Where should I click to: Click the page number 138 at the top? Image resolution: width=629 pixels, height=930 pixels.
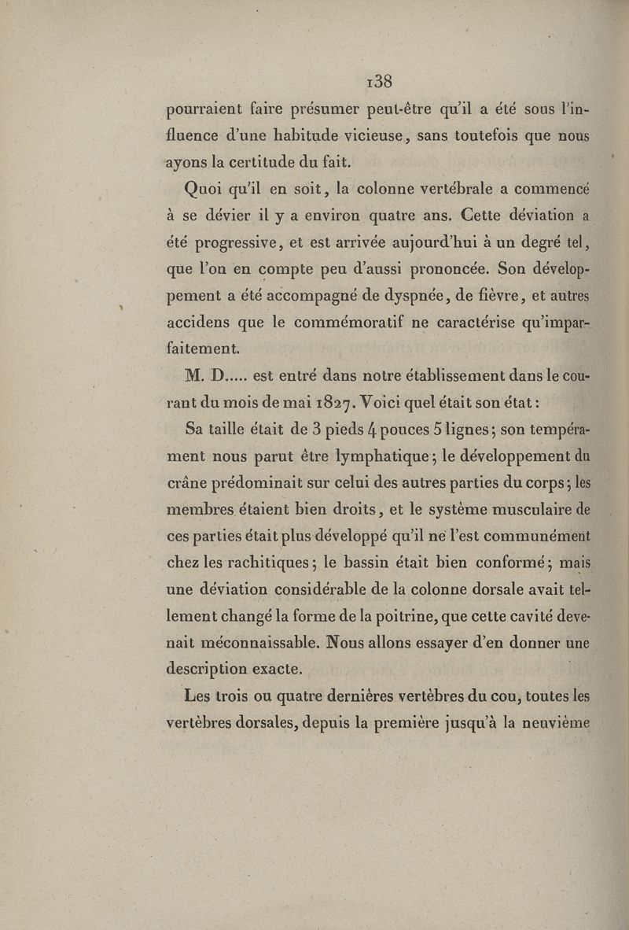point(379,82)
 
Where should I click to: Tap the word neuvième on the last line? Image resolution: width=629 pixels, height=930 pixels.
point(553,721)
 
